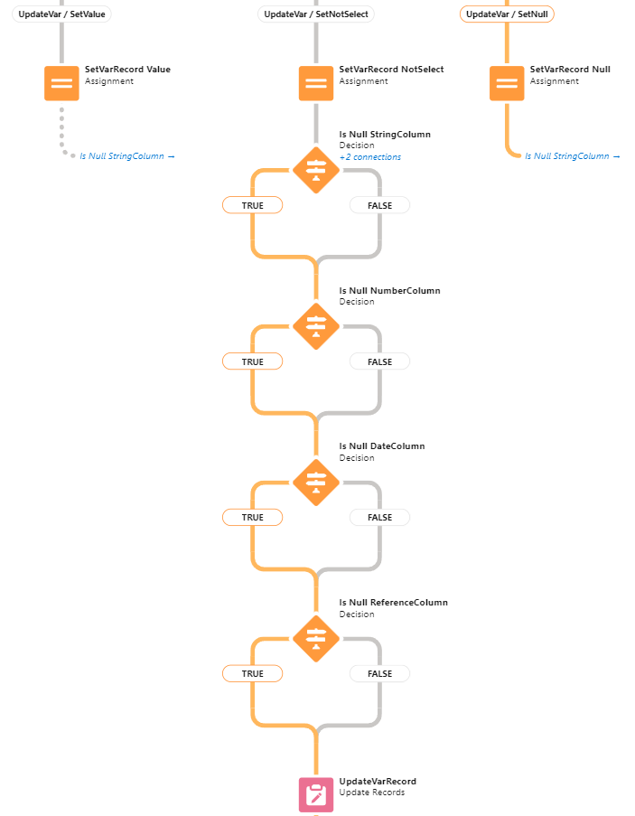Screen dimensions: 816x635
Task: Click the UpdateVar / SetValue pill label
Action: pos(62,14)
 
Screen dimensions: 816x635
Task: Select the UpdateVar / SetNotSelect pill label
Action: pos(316,14)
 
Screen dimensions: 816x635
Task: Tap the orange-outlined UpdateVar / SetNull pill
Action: pos(507,14)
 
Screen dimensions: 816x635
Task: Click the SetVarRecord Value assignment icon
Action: pos(62,83)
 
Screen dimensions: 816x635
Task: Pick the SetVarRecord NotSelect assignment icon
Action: pos(316,83)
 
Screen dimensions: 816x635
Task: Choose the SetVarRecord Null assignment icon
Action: pos(507,83)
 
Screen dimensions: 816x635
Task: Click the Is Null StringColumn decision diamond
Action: pos(316,169)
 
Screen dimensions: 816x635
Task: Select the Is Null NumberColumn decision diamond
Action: pos(316,325)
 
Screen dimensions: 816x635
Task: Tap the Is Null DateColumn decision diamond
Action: pos(316,481)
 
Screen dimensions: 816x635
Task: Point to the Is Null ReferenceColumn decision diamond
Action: pos(316,637)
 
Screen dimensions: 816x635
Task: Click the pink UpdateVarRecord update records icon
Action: pos(316,794)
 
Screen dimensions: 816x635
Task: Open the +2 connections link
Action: pos(369,157)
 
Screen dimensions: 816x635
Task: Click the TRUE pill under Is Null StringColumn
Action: pos(253,205)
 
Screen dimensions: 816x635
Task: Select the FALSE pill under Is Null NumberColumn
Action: pos(379,361)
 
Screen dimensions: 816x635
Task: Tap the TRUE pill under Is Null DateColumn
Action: pos(253,517)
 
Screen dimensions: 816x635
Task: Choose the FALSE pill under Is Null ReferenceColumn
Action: pos(379,673)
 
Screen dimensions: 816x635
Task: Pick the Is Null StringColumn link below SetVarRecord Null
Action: pos(572,156)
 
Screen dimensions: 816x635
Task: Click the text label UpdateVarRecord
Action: pos(378,782)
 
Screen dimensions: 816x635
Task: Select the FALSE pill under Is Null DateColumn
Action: pos(379,517)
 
